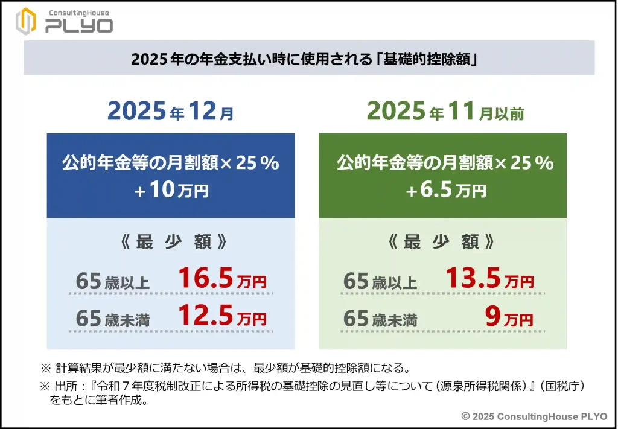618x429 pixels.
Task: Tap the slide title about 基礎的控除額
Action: [308, 59]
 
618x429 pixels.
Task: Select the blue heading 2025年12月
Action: [171, 112]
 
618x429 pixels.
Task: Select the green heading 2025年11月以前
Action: [445, 112]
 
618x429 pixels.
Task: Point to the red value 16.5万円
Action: [221, 279]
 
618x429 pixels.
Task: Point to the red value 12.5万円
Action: [221, 316]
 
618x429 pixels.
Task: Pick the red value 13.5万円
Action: [489, 279]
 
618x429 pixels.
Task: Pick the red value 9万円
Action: [509, 316]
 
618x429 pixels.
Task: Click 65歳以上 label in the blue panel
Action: [113, 282]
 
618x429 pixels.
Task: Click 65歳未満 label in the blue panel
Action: [113, 318]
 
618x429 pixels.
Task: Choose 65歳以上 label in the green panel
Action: [380, 282]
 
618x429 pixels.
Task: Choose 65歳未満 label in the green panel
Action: [380, 318]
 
